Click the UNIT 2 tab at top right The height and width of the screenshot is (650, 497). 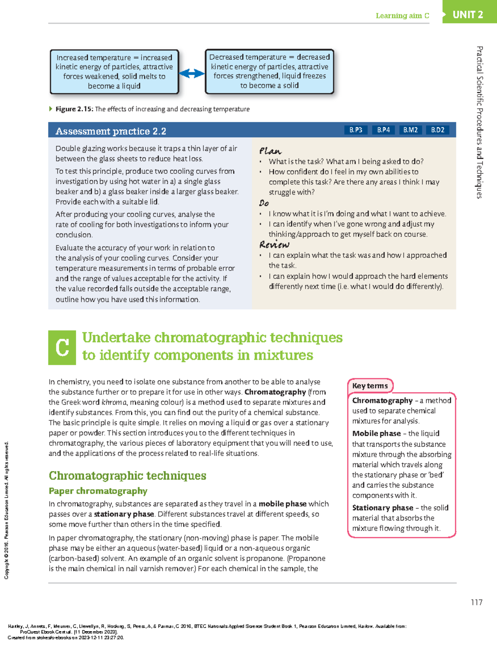pos(468,15)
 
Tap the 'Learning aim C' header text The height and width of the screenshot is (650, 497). pos(402,16)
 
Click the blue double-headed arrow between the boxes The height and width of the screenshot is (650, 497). pos(192,74)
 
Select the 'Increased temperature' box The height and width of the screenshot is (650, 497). pos(114,72)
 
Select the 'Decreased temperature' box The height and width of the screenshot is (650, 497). pos(269,71)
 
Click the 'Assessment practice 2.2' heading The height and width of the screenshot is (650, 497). pos(111,131)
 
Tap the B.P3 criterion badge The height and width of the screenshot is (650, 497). pos(355,130)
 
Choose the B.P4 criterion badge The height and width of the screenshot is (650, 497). pos(383,130)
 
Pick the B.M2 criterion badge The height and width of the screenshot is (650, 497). pos(410,130)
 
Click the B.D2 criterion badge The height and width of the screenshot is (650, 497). pos(437,130)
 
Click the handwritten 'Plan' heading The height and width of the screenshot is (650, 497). pos(270,151)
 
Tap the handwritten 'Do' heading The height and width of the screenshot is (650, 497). pos(264,203)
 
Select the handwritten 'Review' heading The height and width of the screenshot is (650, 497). pos(274,245)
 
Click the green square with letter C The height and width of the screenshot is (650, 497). pos(62,347)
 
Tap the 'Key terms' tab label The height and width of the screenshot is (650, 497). pos(370,386)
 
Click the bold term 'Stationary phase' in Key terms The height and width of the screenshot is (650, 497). pos(382,508)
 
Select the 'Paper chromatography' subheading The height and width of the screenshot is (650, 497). pos(98,491)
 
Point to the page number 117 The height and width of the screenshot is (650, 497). pos(476,602)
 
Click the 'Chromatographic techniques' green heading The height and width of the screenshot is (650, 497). pos(128,475)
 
